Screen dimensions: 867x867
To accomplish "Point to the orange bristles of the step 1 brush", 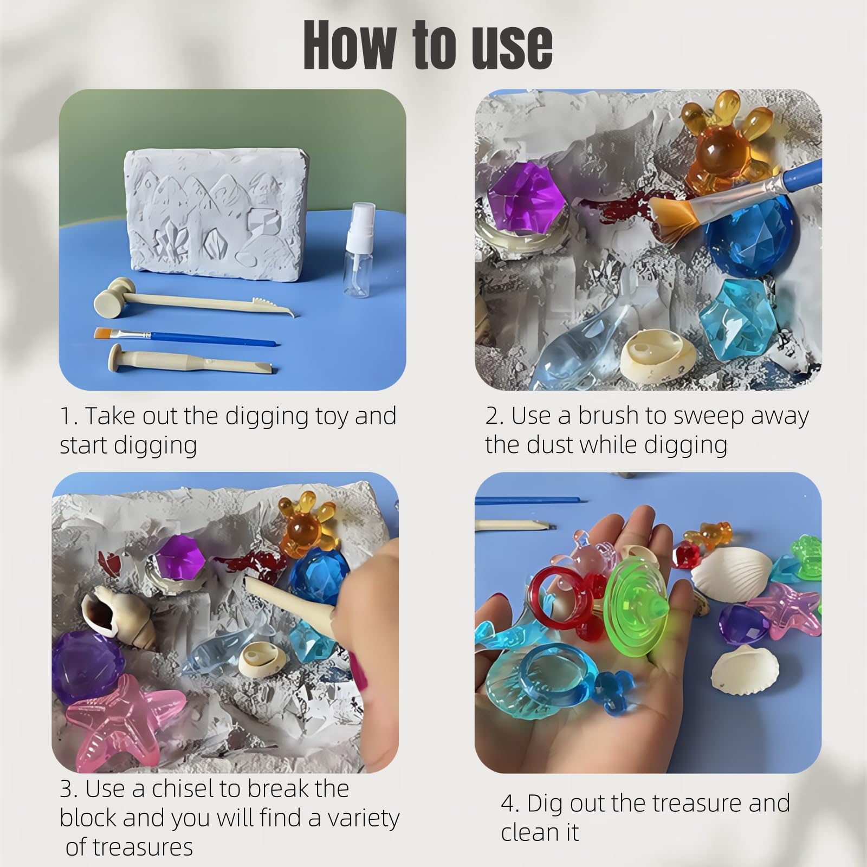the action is tap(103, 332).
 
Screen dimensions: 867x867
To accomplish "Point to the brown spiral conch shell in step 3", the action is tap(119, 621).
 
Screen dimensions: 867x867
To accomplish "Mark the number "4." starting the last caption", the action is tap(510, 804).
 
